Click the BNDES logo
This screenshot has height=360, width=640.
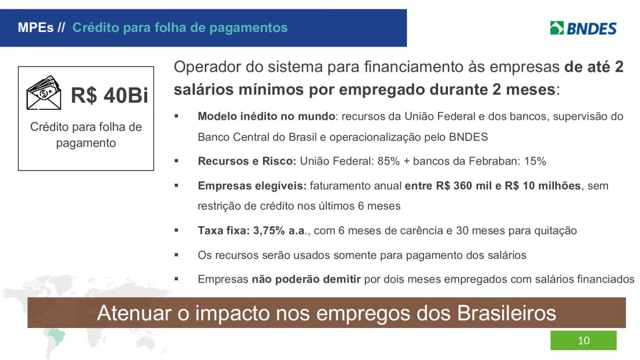[x=583, y=28]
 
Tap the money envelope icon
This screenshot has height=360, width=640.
[x=44, y=92]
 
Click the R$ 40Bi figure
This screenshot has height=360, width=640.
[x=109, y=95]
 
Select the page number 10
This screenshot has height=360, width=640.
[x=584, y=340]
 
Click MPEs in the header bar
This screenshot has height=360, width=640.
[x=35, y=27]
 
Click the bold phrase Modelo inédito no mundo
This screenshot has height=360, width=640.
[x=266, y=116]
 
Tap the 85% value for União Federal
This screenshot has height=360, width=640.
[x=388, y=161]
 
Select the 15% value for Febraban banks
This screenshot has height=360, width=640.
[x=535, y=161]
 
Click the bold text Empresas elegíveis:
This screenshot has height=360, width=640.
[x=252, y=186]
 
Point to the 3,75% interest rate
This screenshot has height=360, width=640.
[x=269, y=231]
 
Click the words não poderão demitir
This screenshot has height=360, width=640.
[x=306, y=279]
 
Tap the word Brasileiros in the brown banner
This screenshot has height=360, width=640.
[x=506, y=313]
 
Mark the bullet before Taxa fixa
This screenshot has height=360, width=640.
[x=176, y=230]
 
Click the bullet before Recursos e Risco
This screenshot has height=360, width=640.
[x=176, y=161]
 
